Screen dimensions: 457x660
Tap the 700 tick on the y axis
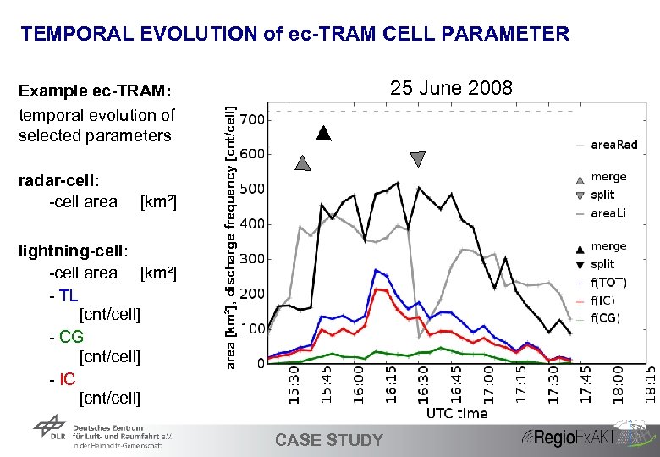[x=252, y=119]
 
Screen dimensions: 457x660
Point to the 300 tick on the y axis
[x=252, y=259]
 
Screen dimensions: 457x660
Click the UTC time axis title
[x=457, y=413]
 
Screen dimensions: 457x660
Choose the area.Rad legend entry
[x=613, y=145]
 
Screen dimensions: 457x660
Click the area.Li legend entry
[x=608, y=214]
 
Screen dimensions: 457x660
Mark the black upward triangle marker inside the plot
[x=323, y=133]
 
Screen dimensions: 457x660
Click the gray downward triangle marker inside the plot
[x=418, y=159]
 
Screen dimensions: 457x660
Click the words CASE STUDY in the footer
[x=329, y=440]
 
